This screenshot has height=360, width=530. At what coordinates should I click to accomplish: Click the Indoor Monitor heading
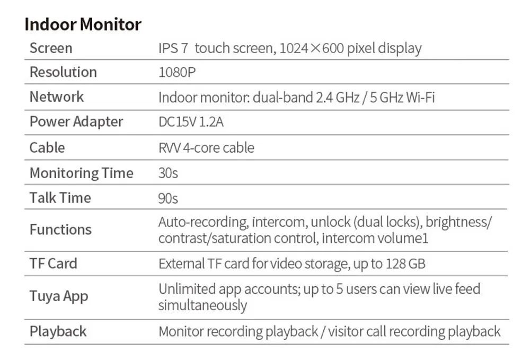83,25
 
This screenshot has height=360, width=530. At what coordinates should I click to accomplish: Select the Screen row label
51,48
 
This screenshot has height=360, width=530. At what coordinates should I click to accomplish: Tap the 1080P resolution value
177,72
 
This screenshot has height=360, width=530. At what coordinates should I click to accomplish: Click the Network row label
57,96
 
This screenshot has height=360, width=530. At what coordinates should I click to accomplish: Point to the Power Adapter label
76,122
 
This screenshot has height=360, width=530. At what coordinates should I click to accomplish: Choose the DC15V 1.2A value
191,122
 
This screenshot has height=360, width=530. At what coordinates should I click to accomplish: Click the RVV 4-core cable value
206,148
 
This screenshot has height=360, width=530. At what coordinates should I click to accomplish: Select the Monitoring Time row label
82,173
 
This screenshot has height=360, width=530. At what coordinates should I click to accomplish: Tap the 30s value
168,173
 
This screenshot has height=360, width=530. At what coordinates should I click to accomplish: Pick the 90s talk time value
168,198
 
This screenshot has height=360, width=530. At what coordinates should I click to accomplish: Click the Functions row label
60,230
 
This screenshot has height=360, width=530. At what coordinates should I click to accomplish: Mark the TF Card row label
54,264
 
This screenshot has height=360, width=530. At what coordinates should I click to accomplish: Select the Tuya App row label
59,296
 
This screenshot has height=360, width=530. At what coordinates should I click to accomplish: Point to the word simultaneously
203,305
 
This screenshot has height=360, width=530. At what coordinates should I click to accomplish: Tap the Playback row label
58,331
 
